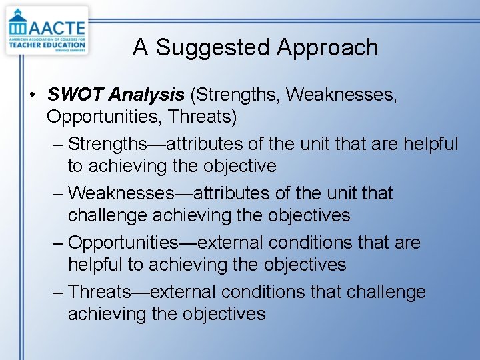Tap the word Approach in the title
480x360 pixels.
tap(327, 48)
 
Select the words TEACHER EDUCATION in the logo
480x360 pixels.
tap(47, 45)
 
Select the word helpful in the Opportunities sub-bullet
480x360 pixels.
tap(96, 265)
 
